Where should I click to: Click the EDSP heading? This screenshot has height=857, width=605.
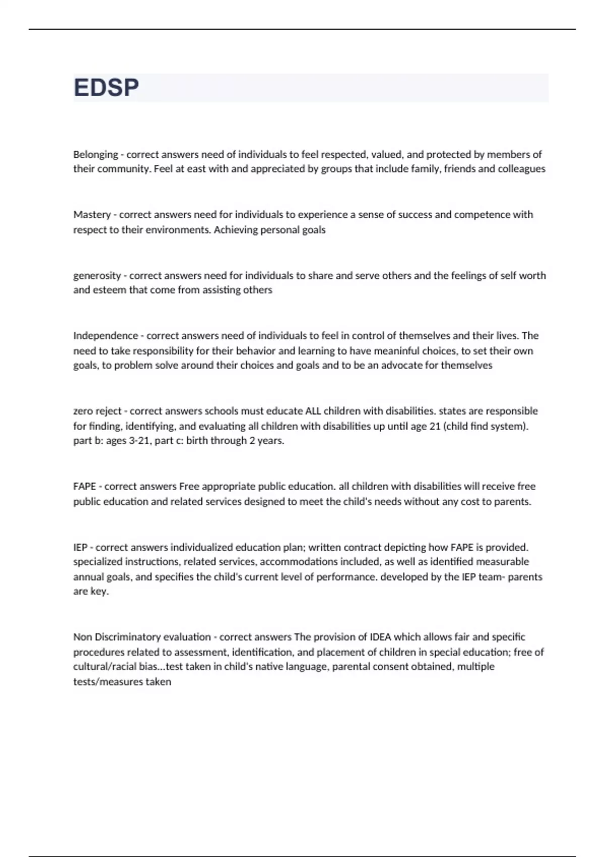click(x=106, y=88)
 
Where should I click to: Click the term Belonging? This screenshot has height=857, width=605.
click(x=95, y=155)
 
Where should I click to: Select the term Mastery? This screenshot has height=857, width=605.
click(x=92, y=215)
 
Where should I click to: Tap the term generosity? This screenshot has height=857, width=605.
click(x=97, y=276)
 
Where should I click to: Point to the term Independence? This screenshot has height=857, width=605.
click(x=105, y=336)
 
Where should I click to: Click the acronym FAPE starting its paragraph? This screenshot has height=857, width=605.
click(x=84, y=486)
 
